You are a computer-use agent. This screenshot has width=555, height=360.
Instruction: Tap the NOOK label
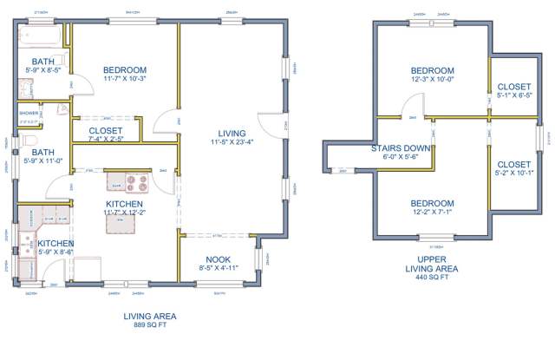[218, 259]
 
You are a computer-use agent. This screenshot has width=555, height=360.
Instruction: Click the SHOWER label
[29, 113]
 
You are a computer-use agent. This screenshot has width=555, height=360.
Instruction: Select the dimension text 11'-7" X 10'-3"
[124, 80]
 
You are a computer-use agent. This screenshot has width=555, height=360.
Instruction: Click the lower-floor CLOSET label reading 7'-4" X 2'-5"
[106, 138]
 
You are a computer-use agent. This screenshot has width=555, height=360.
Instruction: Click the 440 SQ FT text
[433, 278]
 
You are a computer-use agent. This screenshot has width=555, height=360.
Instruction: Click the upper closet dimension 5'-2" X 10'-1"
[514, 173]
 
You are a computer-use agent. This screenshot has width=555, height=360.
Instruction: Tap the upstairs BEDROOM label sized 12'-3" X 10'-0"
[432, 71]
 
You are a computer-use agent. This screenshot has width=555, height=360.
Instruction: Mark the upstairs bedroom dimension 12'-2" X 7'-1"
[432, 212]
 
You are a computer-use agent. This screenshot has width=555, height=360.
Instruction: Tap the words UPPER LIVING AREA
[433, 264]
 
